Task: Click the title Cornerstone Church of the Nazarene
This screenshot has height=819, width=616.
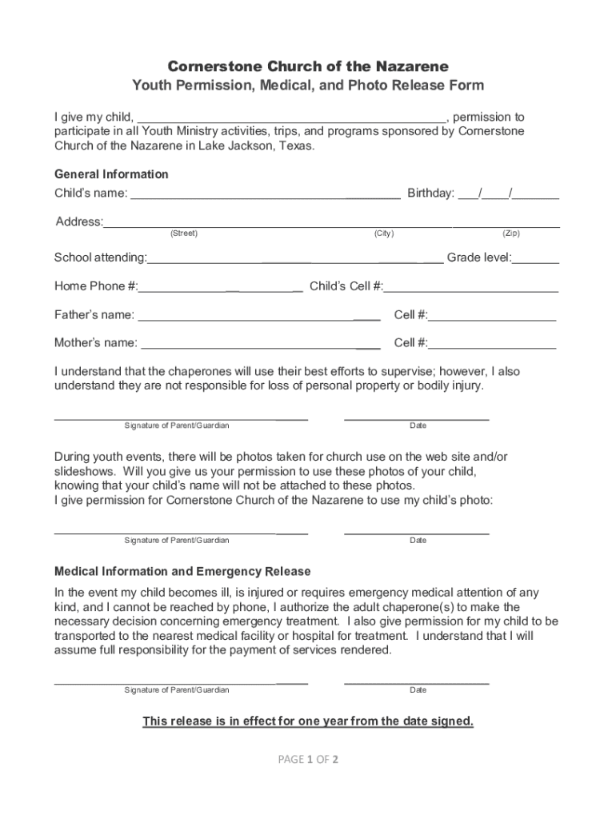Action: point(308,66)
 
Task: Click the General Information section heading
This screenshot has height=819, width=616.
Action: point(111,174)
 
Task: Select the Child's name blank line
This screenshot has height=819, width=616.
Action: point(265,194)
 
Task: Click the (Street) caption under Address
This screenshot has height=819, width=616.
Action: point(184,234)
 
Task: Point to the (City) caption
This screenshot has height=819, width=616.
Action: point(383,234)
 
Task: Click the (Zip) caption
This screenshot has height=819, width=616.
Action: point(511,234)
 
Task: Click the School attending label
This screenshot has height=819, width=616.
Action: point(100,258)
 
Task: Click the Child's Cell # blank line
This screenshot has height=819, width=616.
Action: point(471,288)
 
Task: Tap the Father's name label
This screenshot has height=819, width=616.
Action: point(94,315)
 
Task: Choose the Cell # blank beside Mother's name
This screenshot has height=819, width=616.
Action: point(492,345)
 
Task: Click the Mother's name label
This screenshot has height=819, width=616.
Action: point(95,343)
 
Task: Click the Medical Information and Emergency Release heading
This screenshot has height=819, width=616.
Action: point(182,572)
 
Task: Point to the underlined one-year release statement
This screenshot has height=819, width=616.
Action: point(308,721)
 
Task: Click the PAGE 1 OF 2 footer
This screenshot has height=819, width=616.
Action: point(308,760)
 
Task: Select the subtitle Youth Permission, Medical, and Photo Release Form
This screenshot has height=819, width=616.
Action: point(308,86)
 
